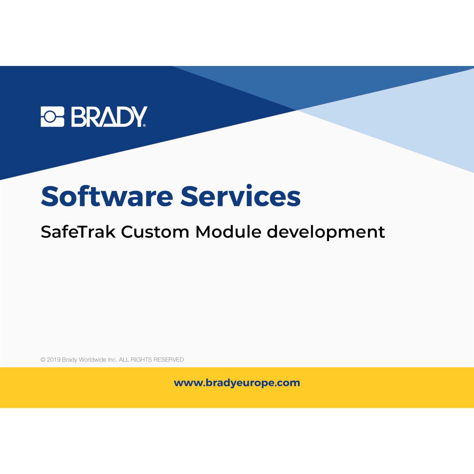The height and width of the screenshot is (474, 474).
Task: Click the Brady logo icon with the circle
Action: click(x=52, y=117)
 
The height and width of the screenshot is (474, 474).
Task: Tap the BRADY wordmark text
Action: click(x=109, y=117)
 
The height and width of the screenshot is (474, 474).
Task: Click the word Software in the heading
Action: click(x=107, y=196)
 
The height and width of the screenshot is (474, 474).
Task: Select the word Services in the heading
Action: click(x=241, y=196)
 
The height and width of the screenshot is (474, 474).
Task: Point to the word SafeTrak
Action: click(x=78, y=232)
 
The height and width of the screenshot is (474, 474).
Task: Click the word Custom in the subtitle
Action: click(x=155, y=232)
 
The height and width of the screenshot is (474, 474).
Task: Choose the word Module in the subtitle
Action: click(x=228, y=232)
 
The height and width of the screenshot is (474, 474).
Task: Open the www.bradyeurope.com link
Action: click(x=237, y=383)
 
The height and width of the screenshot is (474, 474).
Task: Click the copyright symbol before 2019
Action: click(x=43, y=360)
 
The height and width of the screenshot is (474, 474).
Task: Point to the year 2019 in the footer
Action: click(x=54, y=360)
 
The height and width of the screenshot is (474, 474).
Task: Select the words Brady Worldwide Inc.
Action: click(x=89, y=360)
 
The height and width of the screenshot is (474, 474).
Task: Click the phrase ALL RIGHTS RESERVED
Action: click(x=151, y=360)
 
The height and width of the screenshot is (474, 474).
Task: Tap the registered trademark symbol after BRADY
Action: click(x=144, y=125)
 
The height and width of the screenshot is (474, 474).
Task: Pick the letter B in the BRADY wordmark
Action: click(x=78, y=117)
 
